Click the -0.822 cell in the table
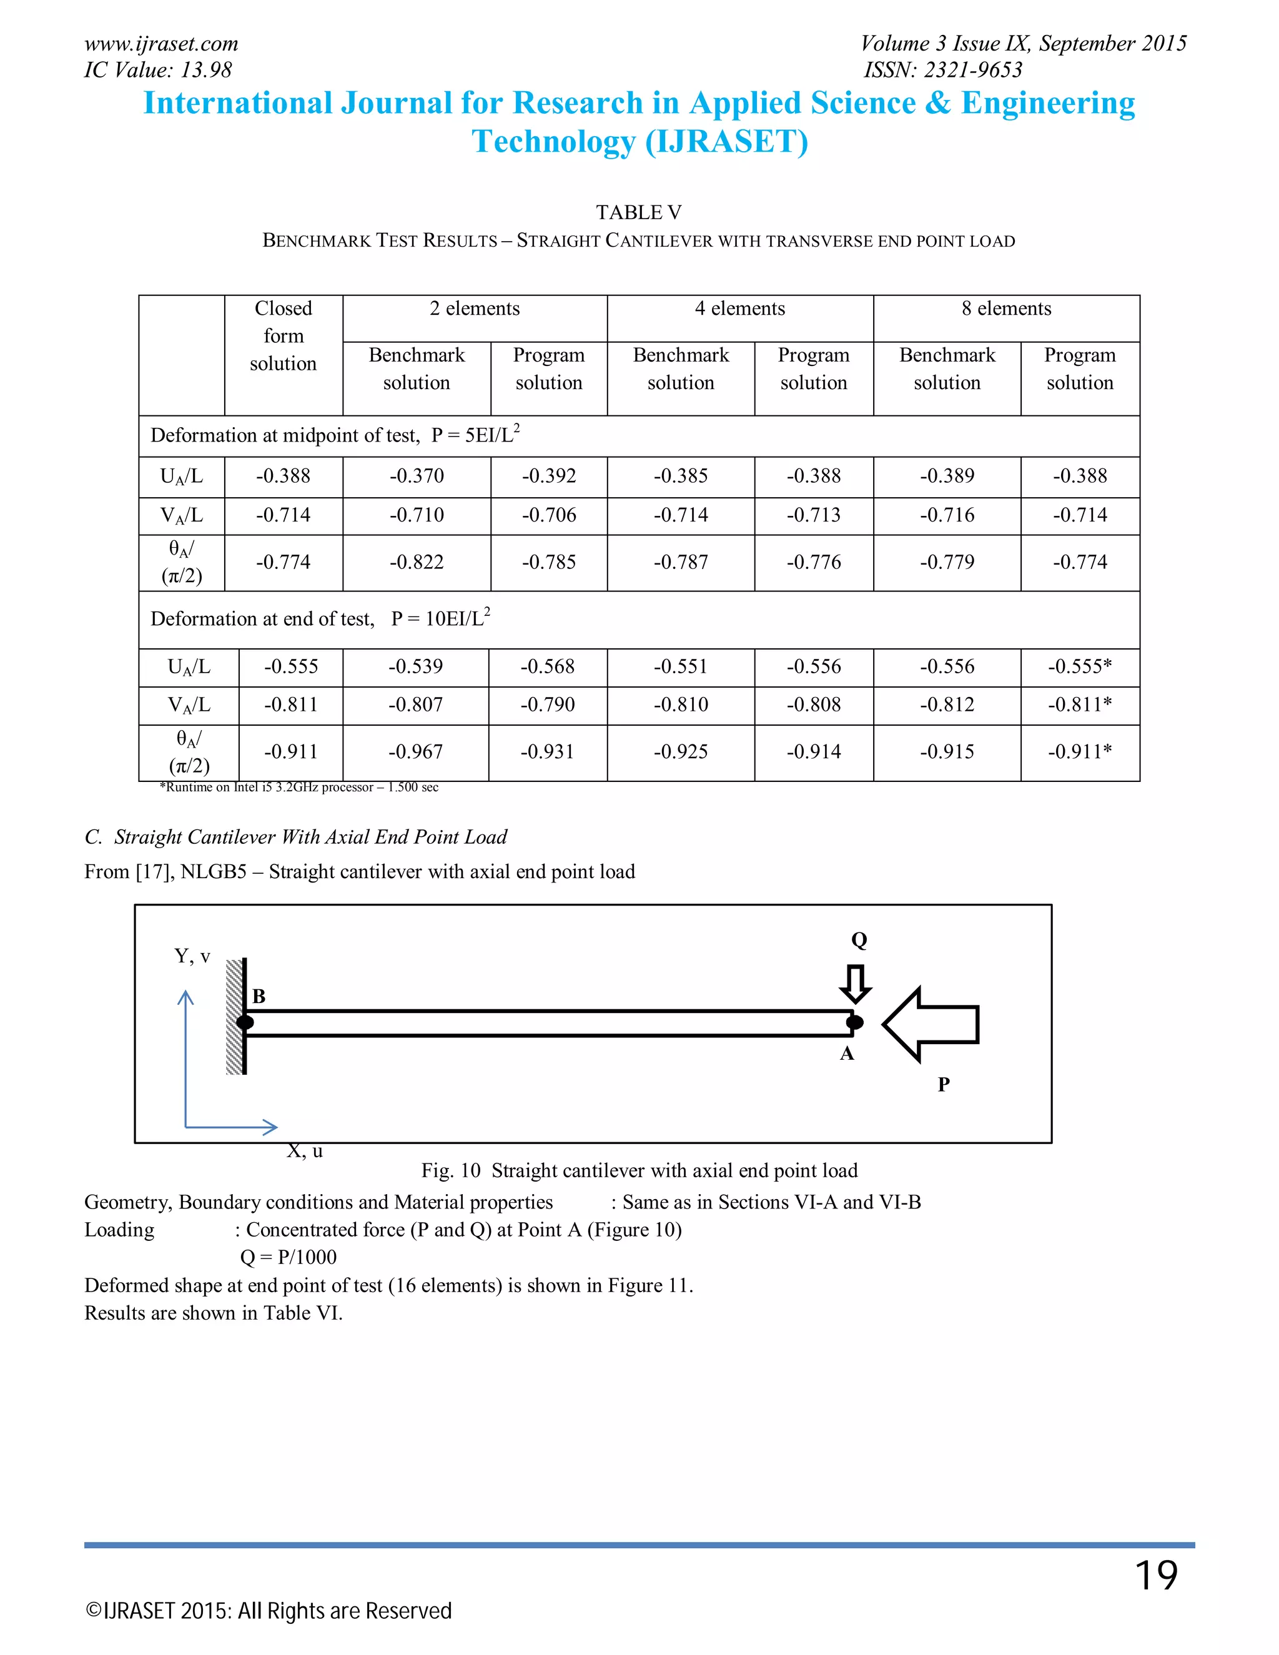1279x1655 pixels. tap(417, 562)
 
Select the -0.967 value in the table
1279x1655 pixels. tap(415, 752)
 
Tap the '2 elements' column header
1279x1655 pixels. tap(475, 309)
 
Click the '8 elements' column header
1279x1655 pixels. tap(1006, 309)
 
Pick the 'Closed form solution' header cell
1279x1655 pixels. tap(284, 336)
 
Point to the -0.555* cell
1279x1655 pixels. tap(1080, 667)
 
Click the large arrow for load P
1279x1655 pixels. tap(931, 1024)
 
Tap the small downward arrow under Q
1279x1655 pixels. tap(856, 983)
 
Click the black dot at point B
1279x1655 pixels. tap(245, 1022)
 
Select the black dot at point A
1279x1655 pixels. tap(855, 1022)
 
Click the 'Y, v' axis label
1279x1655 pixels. tap(192, 956)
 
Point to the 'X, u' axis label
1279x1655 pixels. tap(305, 1151)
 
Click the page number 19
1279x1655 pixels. tap(1155, 1576)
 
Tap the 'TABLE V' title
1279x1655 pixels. tap(638, 212)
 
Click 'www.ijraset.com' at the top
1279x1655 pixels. tap(161, 44)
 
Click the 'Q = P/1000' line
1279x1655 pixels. tap(288, 1257)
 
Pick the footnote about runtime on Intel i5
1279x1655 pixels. tap(299, 788)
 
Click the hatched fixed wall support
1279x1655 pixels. tap(234, 1016)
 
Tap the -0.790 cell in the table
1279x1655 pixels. tap(547, 704)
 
